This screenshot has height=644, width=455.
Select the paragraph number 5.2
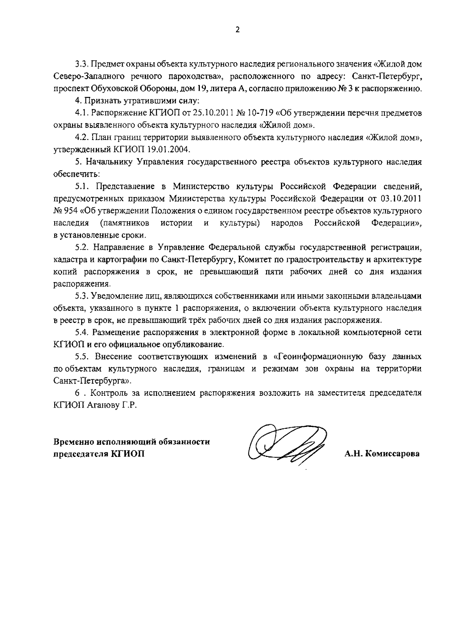click(x=82, y=247)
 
